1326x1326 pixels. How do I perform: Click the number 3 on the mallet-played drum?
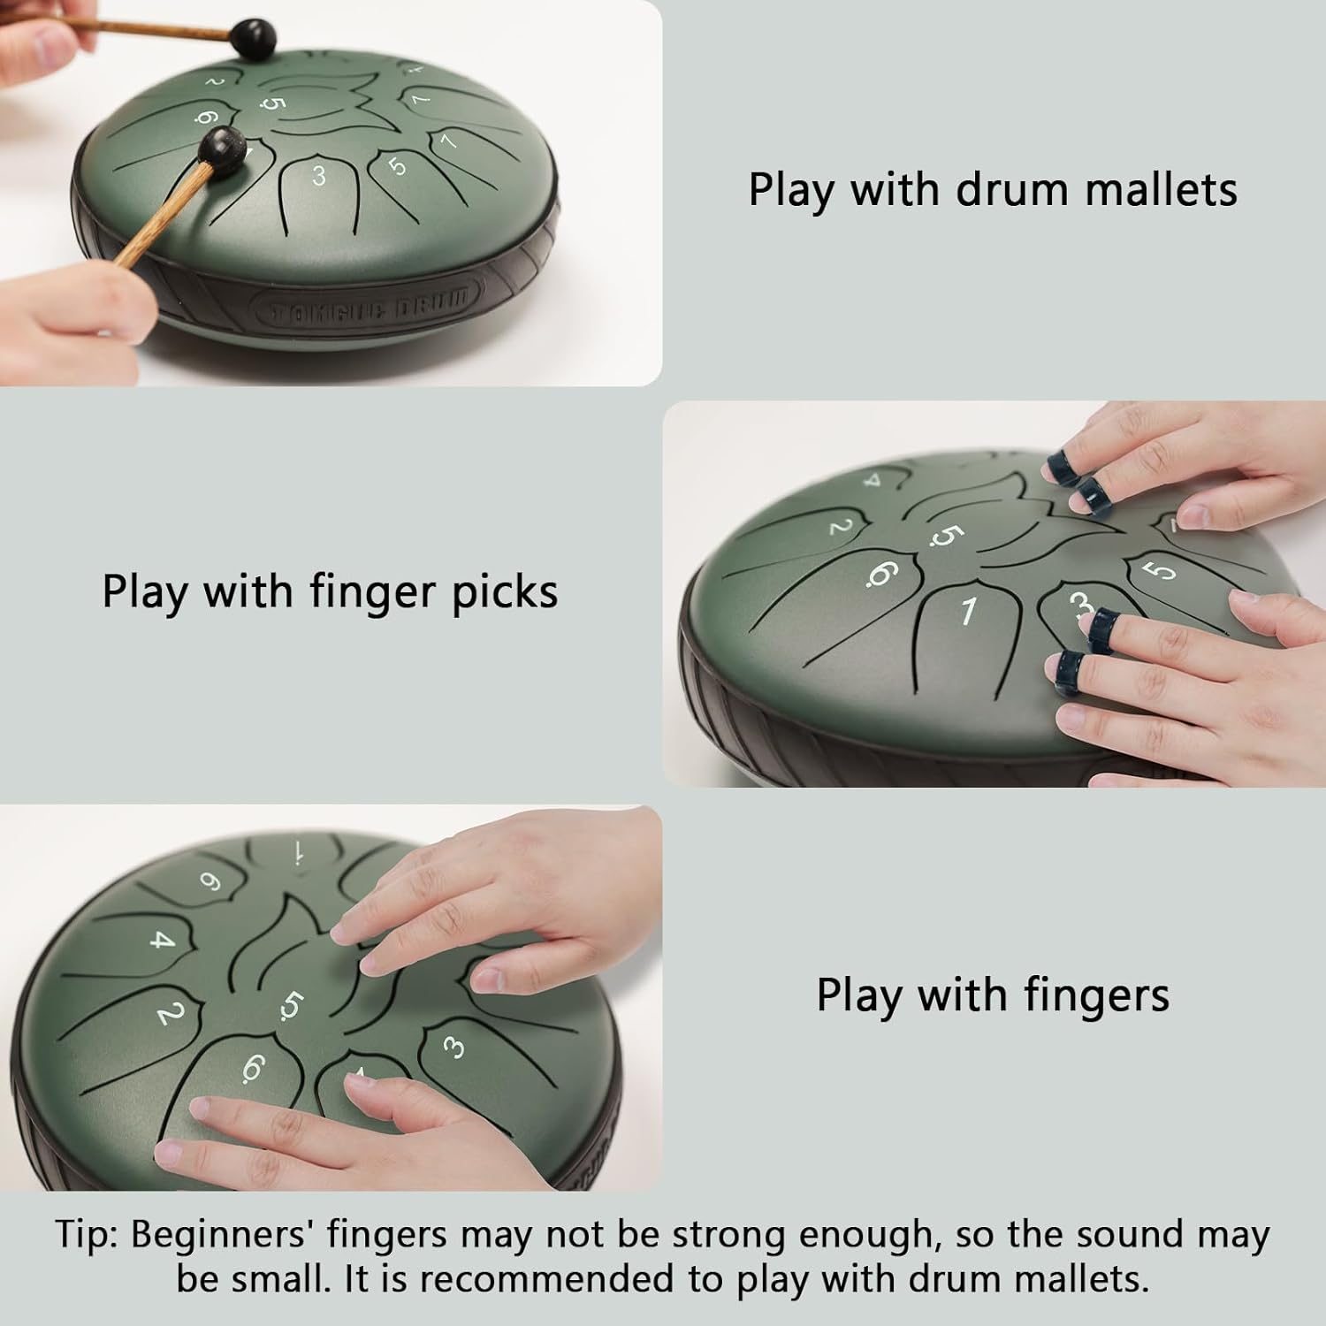point(319,175)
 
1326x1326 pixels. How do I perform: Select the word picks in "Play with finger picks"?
point(505,591)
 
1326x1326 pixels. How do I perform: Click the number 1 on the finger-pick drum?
point(969,610)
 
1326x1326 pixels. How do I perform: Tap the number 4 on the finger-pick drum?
point(873,482)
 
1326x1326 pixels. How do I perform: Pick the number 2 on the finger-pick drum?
point(842,528)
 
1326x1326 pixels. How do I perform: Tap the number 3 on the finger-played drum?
point(453,1048)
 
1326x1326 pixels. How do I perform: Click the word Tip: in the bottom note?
point(87,1234)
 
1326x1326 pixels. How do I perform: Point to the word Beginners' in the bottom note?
point(223,1234)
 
